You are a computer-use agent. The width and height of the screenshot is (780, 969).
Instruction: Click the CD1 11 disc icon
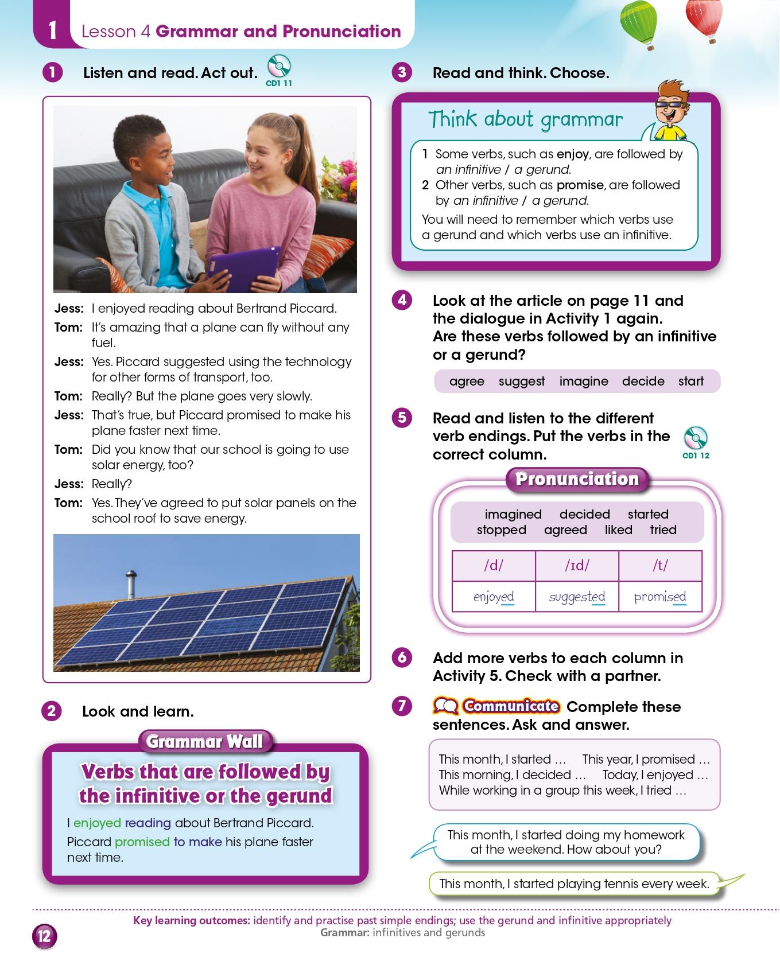click(x=279, y=67)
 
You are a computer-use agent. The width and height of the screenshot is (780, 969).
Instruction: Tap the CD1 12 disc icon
click(x=696, y=439)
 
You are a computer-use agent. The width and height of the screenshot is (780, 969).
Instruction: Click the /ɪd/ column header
click(x=577, y=566)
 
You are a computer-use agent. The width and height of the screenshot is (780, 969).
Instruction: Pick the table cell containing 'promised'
click(x=660, y=597)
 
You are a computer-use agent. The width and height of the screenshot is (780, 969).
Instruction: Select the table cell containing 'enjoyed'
click(x=494, y=597)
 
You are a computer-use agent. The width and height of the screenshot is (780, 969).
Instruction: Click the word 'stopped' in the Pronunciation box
click(x=501, y=530)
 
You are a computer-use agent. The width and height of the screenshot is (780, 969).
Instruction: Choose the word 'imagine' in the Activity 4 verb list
click(x=584, y=382)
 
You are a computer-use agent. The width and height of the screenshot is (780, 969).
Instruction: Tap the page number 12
click(x=44, y=937)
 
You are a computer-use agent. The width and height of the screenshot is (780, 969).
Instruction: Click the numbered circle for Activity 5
click(x=402, y=418)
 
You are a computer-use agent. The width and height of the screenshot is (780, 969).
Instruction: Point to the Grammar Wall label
click(x=205, y=742)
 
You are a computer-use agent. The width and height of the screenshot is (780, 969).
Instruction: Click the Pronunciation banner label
click(x=577, y=479)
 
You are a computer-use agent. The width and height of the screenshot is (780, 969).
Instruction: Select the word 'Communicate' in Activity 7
click(x=511, y=706)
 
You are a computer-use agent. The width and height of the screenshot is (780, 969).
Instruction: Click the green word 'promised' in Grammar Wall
click(x=142, y=842)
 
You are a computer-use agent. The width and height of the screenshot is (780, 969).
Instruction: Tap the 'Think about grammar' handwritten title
click(x=525, y=119)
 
